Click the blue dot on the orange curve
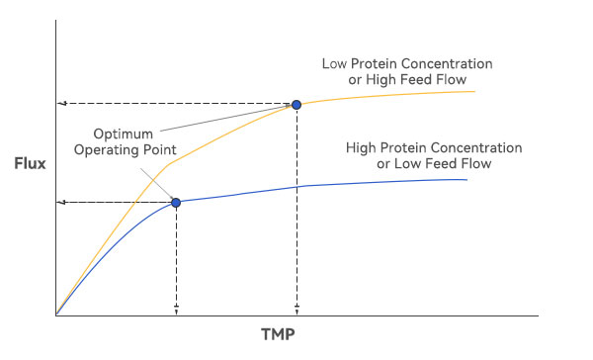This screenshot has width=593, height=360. [x=296, y=104]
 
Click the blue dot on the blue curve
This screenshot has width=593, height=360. [x=176, y=202]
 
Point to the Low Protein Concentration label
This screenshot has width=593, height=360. [x=407, y=64]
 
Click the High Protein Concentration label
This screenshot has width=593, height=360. [x=434, y=147]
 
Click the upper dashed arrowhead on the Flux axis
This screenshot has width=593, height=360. [x=63, y=104]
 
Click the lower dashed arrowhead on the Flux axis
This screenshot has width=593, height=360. [x=63, y=203]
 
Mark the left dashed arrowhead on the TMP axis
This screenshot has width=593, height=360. [x=176, y=310]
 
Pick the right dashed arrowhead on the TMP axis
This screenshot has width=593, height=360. [x=296, y=310]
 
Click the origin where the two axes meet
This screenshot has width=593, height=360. [x=57, y=315]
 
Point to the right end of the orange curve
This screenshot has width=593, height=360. [x=475, y=91]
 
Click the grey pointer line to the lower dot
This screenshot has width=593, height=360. [x=157, y=181]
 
